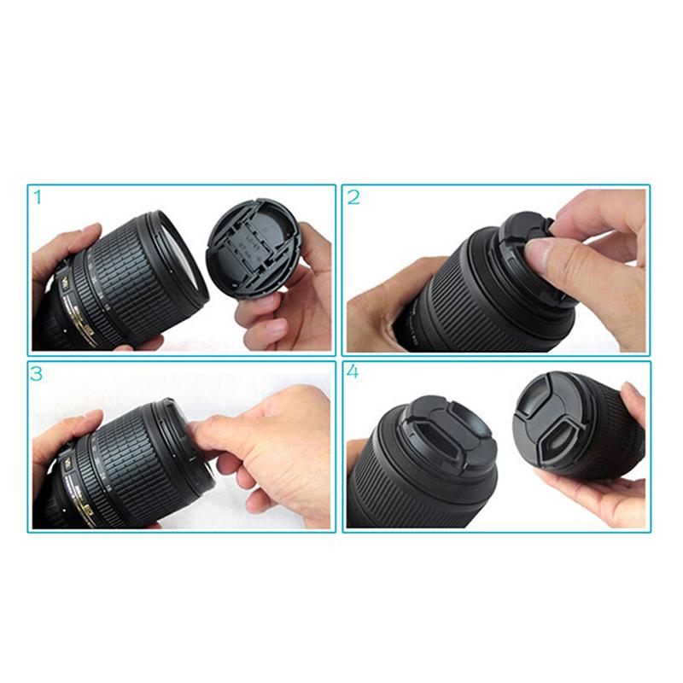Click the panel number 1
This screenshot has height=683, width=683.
click(x=37, y=197)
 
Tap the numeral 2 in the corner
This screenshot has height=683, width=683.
click(x=353, y=197)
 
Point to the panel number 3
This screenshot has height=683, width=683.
click(x=37, y=374)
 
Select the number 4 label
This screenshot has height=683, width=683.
click(x=353, y=374)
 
